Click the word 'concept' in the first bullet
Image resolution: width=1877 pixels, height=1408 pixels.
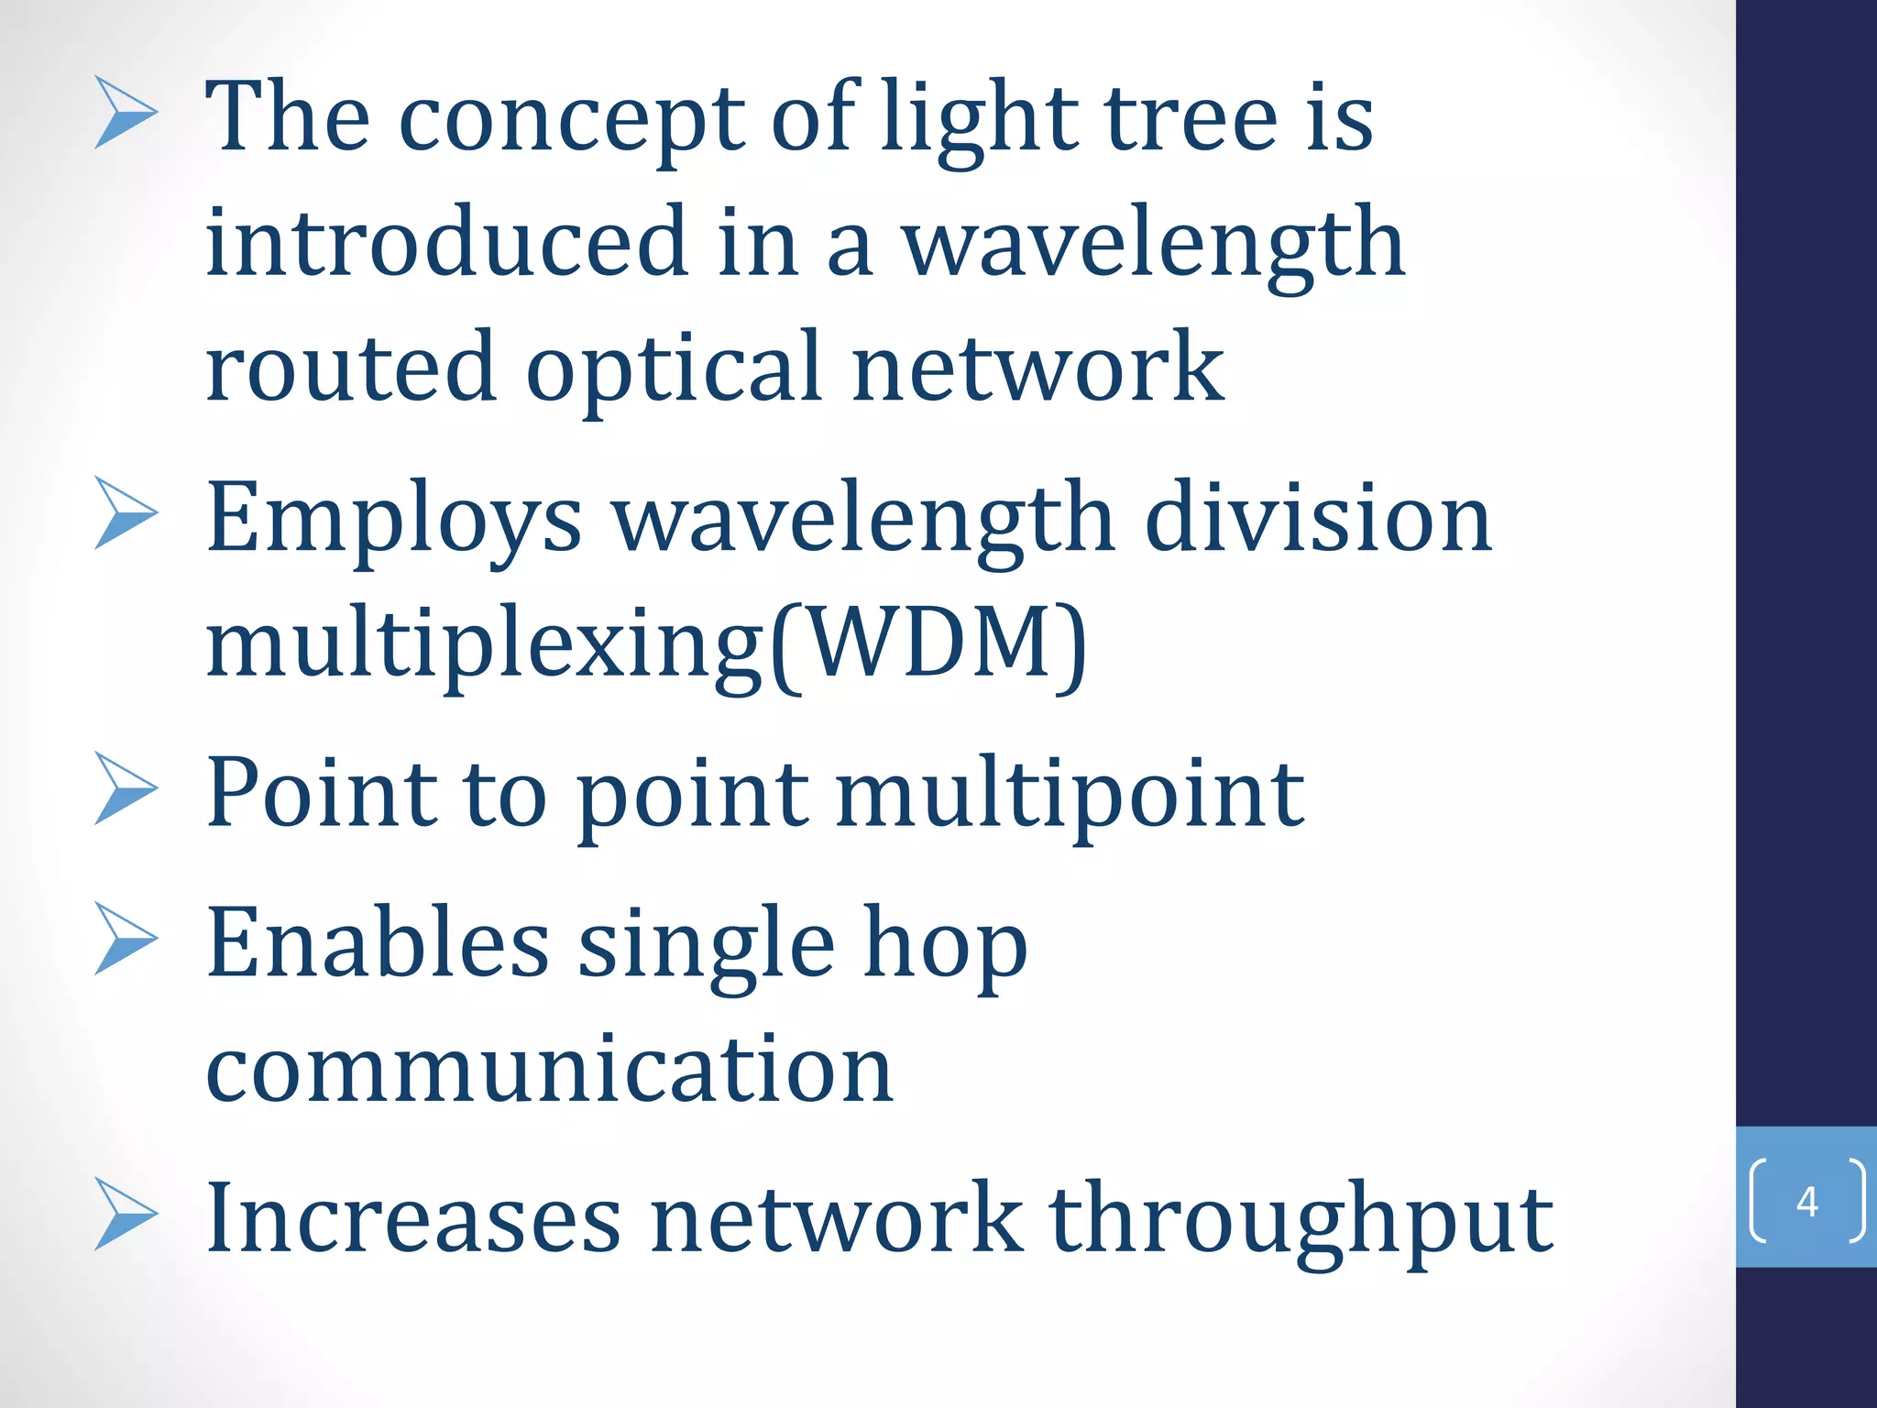pos(571,119)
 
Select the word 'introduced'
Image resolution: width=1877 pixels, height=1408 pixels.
pos(446,242)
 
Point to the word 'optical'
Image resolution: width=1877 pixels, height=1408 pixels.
pos(674,368)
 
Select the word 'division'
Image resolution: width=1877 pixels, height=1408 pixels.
pos(1319,519)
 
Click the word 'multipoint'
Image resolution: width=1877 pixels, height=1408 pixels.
pos(1070,794)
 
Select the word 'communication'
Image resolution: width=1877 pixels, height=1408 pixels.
pos(550,1069)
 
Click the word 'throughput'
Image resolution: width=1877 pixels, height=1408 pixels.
pos(1301,1219)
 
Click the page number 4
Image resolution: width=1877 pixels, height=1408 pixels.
pos(1807,1201)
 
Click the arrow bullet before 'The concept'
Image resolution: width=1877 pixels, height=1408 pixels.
pos(126,114)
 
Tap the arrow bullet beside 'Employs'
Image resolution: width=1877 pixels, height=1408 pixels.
pos(126,514)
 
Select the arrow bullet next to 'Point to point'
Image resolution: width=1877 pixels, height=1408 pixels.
pos(126,788)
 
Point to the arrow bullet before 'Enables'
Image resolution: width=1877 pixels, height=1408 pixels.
pos(126,939)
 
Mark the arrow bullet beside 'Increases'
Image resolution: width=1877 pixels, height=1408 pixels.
pos(126,1215)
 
